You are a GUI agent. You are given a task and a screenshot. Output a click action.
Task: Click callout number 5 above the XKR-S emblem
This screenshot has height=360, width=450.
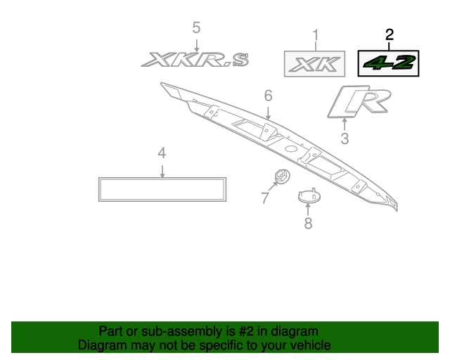tap(196, 28)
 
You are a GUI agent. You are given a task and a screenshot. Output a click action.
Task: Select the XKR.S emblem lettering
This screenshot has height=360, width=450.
tap(195, 60)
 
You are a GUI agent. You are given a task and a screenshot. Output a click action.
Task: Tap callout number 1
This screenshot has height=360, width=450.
tap(316, 35)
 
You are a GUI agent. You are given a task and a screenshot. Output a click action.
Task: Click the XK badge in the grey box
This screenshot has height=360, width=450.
tap(314, 64)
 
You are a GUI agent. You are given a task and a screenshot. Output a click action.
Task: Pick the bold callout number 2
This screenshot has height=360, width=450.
tap(390, 35)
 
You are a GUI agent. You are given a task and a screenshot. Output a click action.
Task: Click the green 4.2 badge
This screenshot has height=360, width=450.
tap(388, 63)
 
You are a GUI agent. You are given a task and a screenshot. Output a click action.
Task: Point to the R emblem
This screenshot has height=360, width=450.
tap(359, 102)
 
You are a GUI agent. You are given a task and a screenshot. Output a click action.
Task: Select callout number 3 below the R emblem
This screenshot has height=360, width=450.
tap(345, 139)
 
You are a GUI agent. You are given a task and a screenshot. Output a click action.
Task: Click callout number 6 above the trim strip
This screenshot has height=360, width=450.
tap(268, 96)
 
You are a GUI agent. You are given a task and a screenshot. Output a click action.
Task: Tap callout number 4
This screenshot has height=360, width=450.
tap(162, 153)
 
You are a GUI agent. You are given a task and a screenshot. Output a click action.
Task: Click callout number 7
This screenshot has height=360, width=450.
tap(265, 198)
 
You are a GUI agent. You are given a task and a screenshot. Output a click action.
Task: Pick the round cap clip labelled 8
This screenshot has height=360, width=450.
tap(309, 195)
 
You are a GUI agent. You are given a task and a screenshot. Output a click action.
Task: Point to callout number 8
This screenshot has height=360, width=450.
tap(308, 224)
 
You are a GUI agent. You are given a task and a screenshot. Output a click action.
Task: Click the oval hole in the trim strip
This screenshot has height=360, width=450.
tap(291, 149)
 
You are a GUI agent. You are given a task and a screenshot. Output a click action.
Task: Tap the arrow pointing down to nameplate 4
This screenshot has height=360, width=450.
tap(162, 172)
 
